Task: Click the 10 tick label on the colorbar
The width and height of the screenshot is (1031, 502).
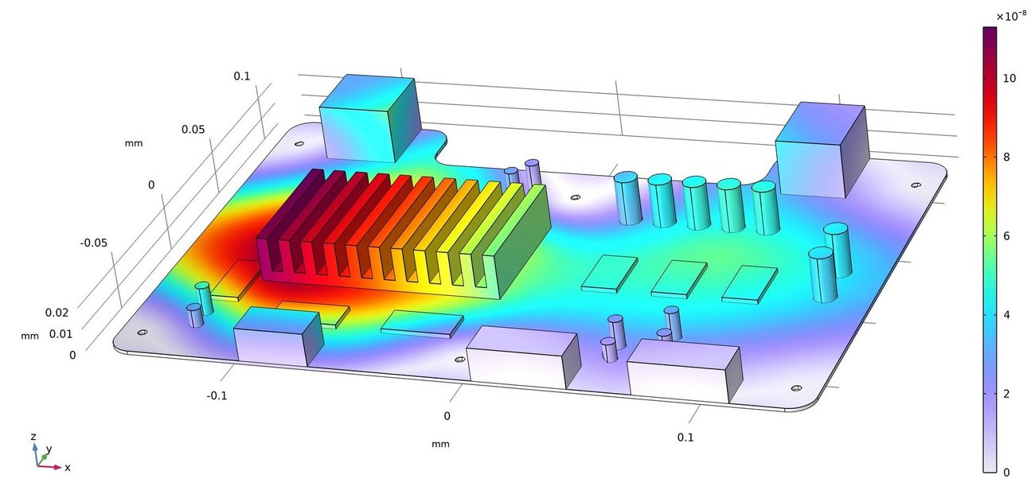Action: [x=1009, y=79]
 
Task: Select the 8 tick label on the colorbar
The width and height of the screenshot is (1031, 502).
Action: [x=1006, y=158]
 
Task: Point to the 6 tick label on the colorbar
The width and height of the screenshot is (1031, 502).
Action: [x=1006, y=236]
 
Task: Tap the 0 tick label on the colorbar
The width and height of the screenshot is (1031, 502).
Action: [x=1006, y=472]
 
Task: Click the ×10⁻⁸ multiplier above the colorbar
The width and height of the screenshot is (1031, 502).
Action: [x=1011, y=16]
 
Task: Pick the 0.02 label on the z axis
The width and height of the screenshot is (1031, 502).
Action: [x=57, y=313]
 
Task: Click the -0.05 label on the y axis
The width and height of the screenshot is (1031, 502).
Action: [x=93, y=243]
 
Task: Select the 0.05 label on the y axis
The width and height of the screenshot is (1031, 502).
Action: [x=193, y=130]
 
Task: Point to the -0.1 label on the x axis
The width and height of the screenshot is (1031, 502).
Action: [x=217, y=395]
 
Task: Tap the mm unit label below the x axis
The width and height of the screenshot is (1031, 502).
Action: [x=440, y=444]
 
